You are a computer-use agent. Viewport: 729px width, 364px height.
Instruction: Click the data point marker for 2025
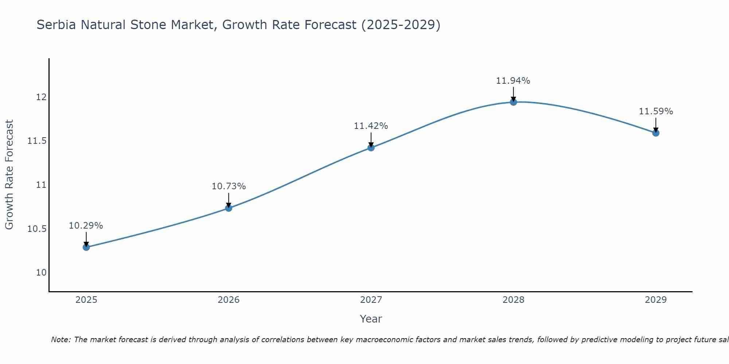click(86, 247)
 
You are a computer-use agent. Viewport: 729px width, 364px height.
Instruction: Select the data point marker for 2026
click(229, 208)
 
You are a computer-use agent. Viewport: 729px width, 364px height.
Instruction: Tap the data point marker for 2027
click(371, 147)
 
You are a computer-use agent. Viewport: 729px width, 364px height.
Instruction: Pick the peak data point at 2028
click(513, 102)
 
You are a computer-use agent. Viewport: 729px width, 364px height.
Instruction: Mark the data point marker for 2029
click(656, 133)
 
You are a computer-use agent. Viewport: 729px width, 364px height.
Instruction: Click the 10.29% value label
click(86, 226)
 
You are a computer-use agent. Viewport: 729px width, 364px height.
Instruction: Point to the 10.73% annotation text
click(229, 186)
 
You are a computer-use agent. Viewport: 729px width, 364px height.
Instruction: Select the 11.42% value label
click(371, 126)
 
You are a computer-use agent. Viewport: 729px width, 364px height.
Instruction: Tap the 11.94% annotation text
click(513, 81)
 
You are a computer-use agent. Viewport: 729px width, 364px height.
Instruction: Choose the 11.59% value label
click(656, 111)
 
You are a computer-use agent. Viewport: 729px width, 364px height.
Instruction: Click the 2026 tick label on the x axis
click(229, 300)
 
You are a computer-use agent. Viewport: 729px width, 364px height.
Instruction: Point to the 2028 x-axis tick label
click(513, 300)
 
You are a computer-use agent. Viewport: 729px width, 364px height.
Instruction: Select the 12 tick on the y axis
click(41, 97)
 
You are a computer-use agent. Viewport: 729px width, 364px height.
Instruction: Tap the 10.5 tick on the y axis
click(37, 229)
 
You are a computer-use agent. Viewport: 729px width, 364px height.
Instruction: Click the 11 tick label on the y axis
click(41, 185)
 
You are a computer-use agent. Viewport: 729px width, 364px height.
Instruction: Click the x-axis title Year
click(371, 319)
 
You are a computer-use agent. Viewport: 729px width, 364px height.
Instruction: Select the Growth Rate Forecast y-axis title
click(9, 175)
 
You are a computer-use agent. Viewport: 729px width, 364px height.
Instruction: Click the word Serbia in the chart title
click(56, 25)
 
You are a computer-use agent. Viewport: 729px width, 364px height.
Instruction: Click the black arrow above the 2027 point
click(371, 140)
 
